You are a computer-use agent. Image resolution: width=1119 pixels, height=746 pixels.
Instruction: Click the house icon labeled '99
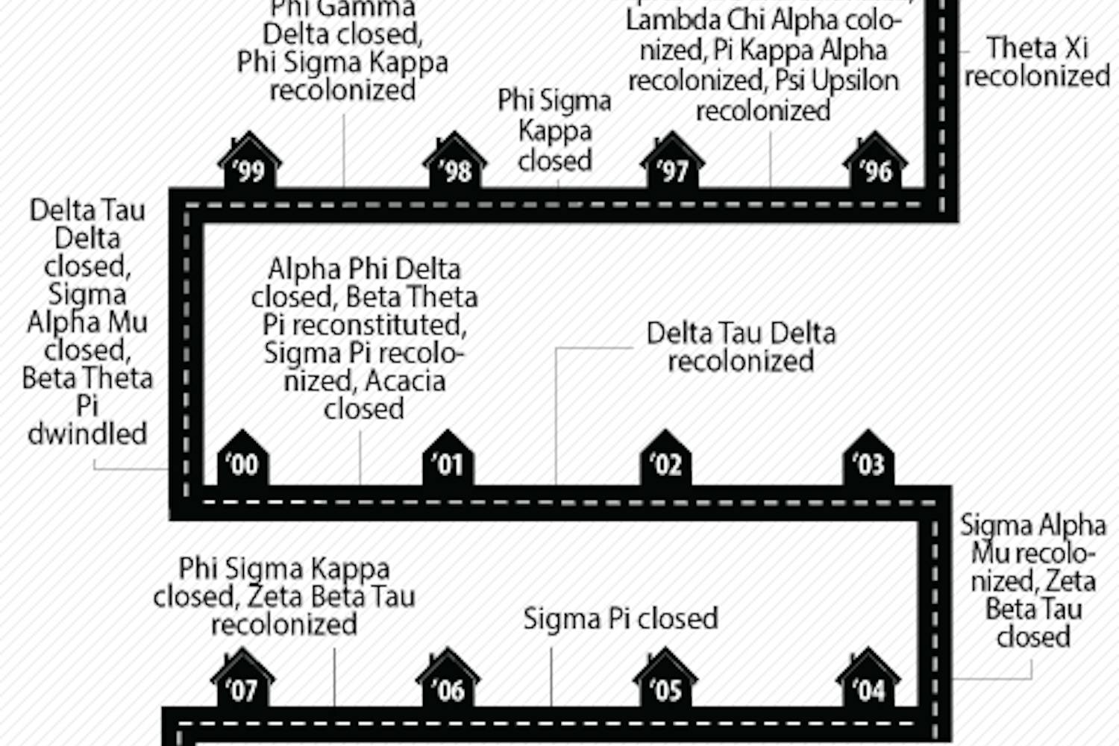(x=249, y=162)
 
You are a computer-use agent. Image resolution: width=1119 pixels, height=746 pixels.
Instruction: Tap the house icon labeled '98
(x=455, y=162)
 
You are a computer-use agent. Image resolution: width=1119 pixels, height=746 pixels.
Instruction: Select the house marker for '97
(x=672, y=162)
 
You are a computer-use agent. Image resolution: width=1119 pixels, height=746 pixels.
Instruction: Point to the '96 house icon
(x=875, y=162)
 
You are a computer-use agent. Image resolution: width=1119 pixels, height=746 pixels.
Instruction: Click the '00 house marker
(x=242, y=459)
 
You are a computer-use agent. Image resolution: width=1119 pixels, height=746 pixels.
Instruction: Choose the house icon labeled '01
(x=448, y=459)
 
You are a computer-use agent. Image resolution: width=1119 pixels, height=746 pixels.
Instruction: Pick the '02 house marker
(x=665, y=459)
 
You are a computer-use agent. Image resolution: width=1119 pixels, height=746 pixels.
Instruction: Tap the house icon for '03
(x=868, y=459)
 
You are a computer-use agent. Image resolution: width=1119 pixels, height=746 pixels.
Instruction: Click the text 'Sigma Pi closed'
(x=620, y=618)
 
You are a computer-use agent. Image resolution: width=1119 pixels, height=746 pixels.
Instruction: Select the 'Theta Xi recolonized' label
(x=1037, y=62)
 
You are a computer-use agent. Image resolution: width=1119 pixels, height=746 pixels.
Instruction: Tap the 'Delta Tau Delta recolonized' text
(x=741, y=347)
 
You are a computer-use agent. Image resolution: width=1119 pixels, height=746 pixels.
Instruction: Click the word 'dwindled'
(x=87, y=433)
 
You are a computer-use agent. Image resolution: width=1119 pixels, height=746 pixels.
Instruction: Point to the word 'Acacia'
(x=405, y=381)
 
